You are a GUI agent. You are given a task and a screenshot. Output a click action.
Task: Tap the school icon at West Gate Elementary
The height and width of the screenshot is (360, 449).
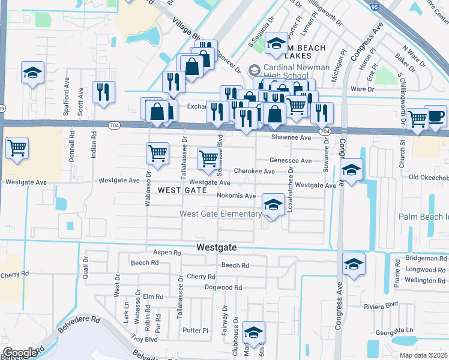click(x=273, y=205)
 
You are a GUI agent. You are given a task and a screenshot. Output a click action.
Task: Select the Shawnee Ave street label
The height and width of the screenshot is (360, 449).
click(x=291, y=137)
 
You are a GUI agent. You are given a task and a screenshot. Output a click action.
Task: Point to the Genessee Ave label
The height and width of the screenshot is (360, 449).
click(x=291, y=161)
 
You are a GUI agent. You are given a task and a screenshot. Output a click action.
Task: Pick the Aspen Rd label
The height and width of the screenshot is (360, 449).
click(x=167, y=253)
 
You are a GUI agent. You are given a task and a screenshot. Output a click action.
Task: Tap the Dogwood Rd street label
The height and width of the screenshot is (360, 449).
click(x=223, y=288)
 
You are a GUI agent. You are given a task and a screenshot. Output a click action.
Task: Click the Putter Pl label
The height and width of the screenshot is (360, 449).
click(x=196, y=331)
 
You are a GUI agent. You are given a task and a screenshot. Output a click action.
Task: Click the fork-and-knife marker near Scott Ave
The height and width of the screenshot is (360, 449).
click(x=103, y=91)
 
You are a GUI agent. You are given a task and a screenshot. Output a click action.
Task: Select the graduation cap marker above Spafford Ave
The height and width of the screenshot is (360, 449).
click(x=32, y=73)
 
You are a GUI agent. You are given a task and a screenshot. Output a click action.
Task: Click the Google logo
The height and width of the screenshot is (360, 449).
click(x=20, y=353)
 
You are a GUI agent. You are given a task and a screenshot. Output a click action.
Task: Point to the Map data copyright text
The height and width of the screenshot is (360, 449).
click(x=423, y=355)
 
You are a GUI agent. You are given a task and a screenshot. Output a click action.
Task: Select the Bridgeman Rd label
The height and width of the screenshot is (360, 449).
click(x=426, y=259)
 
